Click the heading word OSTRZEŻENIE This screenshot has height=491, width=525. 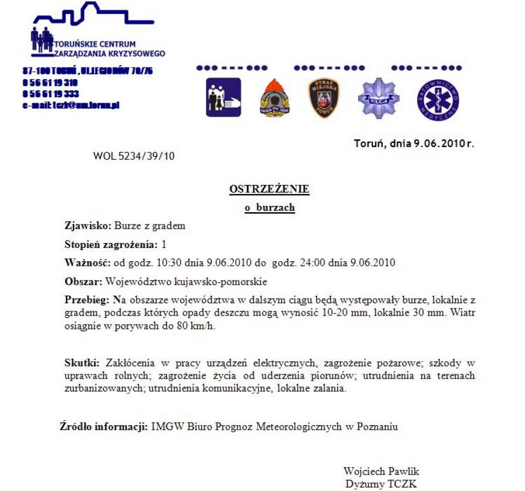click(x=269, y=189)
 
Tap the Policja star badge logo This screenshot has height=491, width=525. click(x=379, y=97)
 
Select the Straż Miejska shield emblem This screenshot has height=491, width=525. click(x=323, y=97)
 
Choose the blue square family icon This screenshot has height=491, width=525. click(x=223, y=97)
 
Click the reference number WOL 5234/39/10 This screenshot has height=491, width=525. click(x=134, y=156)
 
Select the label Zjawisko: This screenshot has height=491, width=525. click(x=87, y=226)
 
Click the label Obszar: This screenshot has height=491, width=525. click(x=83, y=282)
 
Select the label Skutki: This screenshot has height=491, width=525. click(x=82, y=363)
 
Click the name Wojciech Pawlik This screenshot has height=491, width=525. click(x=381, y=471)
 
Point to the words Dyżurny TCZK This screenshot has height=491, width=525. click(x=381, y=483)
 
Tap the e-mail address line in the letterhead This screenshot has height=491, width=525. click(x=71, y=105)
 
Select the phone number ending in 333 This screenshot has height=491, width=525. click(x=51, y=93)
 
